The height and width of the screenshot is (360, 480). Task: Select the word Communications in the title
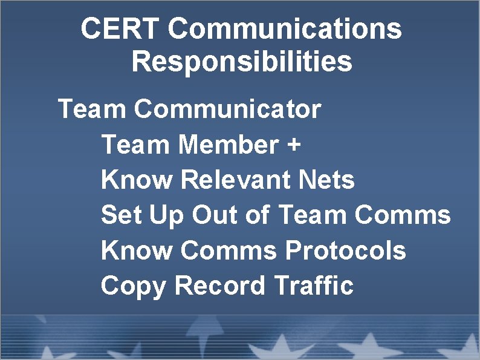tap(285, 29)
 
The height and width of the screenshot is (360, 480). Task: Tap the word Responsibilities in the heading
tap(242, 62)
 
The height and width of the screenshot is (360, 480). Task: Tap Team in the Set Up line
tap(313, 215)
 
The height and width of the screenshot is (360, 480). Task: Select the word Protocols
tap(345, 250)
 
